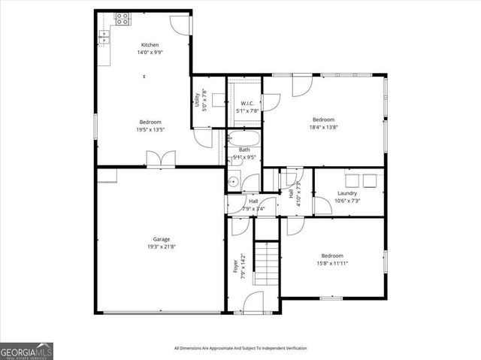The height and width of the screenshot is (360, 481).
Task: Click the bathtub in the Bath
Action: pyautogui.click(x=244, y=139)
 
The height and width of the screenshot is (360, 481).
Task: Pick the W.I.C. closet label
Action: pyautogui.click(x=247, y=103)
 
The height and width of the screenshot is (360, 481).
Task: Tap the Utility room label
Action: pyautogui.click(x=197, y=100)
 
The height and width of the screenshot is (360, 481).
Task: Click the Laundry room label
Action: pyautogui.click(x=346, y=193)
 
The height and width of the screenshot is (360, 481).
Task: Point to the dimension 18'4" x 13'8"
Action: pyautogui.click(x=323, y=128)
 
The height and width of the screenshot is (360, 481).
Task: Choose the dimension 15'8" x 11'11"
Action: pyautogui.click(x=331, y=262)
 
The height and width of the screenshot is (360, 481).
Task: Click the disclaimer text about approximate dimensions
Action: pyautogui.click(x=240, y=348)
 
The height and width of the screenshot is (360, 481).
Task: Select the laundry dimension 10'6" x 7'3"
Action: pyautogui.click(x=346, y=201)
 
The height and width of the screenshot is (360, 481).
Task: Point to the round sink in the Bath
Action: pyautogui.click(x=234, y=180)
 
